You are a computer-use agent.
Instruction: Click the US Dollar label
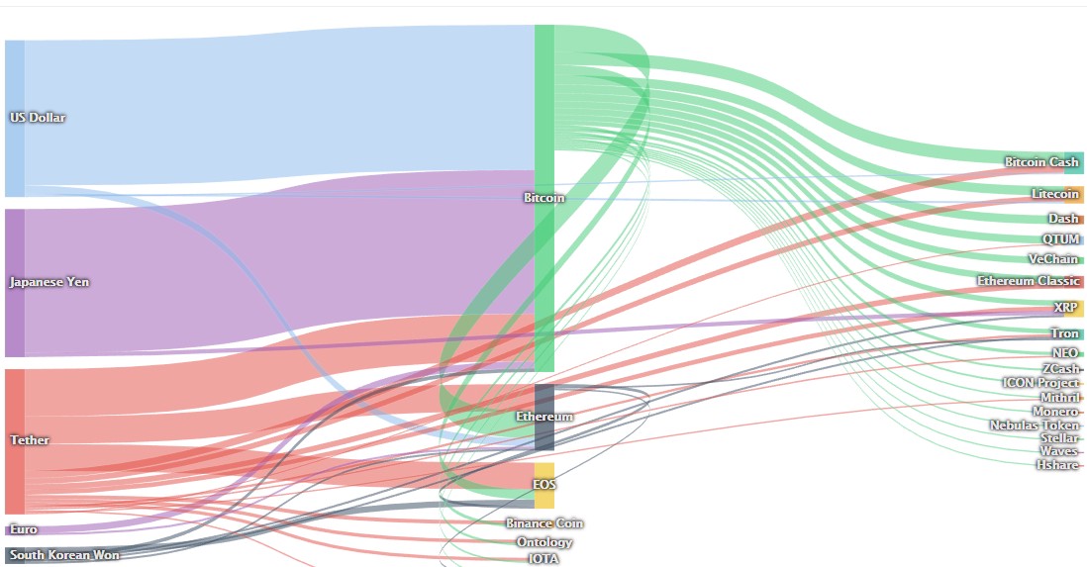(38, 118)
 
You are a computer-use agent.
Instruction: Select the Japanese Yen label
(49, 282)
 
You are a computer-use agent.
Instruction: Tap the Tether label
(30, 440)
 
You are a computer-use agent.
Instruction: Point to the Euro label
(24, 529)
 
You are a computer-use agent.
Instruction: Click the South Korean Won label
(64, 555)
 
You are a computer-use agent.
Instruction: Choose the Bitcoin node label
(544, 198)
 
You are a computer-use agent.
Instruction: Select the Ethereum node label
(544, 417)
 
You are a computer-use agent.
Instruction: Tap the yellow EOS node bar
(544, 485)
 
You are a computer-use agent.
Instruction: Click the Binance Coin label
(544, 524)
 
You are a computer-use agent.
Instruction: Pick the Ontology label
(544, 542)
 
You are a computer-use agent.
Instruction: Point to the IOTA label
(544, 559)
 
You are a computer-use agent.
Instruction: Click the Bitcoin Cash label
(1041, 162)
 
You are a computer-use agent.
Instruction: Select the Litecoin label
(1055, 194)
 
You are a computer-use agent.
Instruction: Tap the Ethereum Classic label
(1028, 281)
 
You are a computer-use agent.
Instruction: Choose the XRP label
(1065, 307)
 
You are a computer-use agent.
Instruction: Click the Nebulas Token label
(1035, 425)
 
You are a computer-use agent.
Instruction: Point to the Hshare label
(1058, 465)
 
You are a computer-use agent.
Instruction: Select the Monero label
(1055, 412)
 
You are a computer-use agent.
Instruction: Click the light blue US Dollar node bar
(15, 119)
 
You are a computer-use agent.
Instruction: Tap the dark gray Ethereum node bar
(544, 418)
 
